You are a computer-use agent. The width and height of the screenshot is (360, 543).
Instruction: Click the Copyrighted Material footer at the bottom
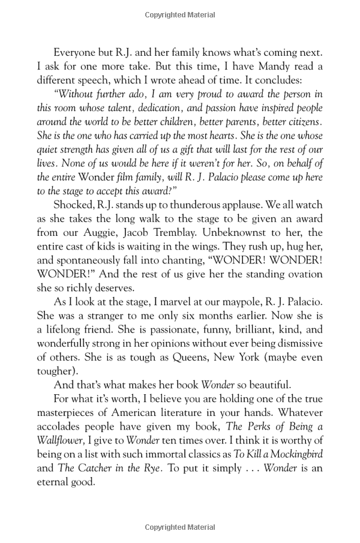pyautogui.click(x=180, y=527)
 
